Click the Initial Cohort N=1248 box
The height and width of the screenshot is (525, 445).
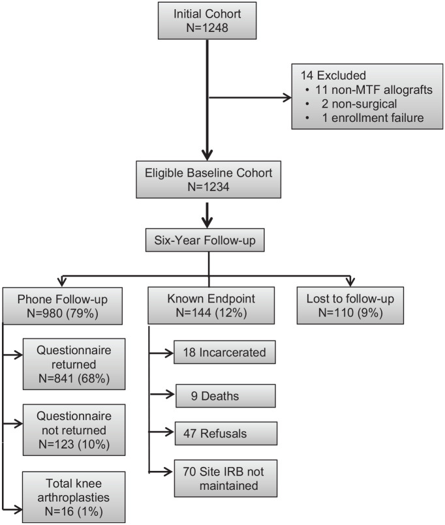(x=207, y=21)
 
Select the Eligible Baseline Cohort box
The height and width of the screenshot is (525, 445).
(x=208, y=180)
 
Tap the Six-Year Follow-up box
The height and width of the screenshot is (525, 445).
(x=205, y=240)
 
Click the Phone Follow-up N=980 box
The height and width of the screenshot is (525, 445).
(x=63, y=306)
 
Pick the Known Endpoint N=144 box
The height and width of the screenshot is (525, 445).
(x=211, y=305)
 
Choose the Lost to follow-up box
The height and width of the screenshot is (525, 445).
(x=350, y=305)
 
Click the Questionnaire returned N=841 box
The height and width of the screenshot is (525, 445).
(x=74, y=364)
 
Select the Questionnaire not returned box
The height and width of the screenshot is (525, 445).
(x=74, y=430)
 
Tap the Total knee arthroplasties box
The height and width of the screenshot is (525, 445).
(x=74, y=497)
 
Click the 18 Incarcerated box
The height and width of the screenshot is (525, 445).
(x=224, y=352)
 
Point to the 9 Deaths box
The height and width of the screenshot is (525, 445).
(x=226, y=396)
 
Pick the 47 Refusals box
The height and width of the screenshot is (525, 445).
(x=226, y=433)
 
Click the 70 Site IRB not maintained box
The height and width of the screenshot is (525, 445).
(x=226, y=478)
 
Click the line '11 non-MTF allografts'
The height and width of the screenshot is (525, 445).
(x=374, y=90)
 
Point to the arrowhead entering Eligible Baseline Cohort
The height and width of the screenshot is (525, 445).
(x=207, y=155)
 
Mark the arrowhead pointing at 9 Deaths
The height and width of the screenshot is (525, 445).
(x=170, y=395)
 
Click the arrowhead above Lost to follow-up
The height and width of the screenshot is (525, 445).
(x=350, y=282)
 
